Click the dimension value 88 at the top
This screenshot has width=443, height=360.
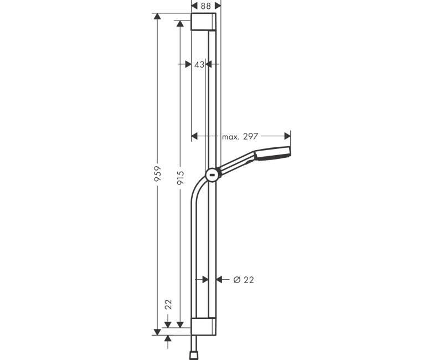click(x=205, y=6)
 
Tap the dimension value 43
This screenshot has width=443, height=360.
click(x=199, y=64)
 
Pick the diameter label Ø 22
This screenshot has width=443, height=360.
click(x=243, y=280)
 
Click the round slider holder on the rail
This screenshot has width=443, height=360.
click(x=212, y=176)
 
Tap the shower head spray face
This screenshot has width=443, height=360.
click(x=289, y=154)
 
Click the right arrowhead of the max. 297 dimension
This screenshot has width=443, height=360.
click(x=287, y=136)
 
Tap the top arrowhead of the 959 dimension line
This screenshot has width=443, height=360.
click(x=157, y=17)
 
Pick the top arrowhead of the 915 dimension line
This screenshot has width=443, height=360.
click(x=179, y=24)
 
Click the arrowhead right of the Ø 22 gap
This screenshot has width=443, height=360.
click(x=219, y=280)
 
